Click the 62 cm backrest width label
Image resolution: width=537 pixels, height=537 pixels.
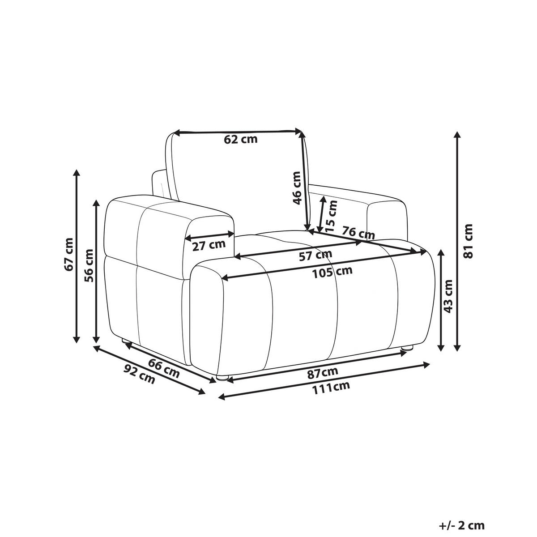coord(240,139)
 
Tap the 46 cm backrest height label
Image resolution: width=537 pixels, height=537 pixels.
coord(297,188)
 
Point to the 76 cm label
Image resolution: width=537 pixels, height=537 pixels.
coord(358,234)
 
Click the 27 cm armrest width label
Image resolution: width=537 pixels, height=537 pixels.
coord(209,246)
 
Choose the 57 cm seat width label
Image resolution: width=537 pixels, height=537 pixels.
coord(315,255)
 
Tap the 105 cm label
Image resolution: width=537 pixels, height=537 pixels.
coord(332,272)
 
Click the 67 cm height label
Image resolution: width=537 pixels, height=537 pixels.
coord(68,254)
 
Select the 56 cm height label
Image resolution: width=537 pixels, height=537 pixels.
coord(89,265)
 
